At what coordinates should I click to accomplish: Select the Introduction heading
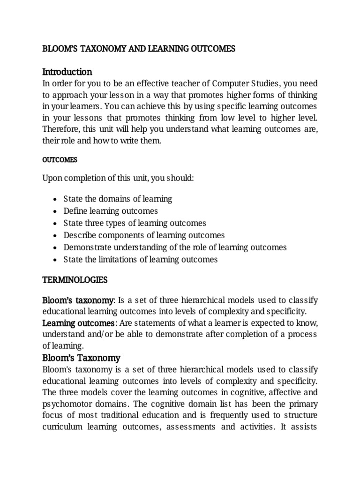point(67,72)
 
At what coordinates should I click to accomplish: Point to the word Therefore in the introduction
point(61,128)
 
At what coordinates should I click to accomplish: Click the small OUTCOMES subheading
point(60,160)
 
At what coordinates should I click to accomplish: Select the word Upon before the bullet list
point(52,179)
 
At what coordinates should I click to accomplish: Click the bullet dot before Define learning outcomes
point(56,211)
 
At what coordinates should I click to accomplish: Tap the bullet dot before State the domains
point(56,199)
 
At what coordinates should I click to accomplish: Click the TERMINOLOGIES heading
point(75,280)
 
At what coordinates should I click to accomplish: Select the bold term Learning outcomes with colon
point(79,323)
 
